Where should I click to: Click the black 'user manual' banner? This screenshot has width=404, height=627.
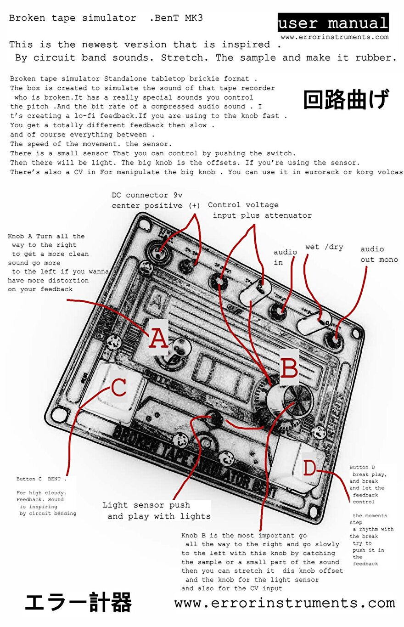333,23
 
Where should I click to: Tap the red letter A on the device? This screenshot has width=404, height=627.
158,339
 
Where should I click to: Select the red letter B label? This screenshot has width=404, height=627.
289,367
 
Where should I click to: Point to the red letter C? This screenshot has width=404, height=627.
119,388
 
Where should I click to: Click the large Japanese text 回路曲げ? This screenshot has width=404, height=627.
346,99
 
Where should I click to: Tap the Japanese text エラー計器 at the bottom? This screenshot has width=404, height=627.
78,603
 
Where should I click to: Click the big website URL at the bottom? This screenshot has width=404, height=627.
285,603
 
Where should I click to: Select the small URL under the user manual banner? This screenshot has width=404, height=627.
334,37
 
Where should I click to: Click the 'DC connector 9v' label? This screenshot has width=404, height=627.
147,195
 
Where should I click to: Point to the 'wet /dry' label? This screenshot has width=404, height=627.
324,247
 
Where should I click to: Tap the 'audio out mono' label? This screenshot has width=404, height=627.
378,254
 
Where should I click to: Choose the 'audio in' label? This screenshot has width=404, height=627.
285,257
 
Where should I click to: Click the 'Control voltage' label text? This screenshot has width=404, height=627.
243,205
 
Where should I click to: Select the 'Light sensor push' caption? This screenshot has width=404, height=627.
146,505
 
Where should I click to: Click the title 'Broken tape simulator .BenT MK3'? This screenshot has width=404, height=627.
106,18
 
